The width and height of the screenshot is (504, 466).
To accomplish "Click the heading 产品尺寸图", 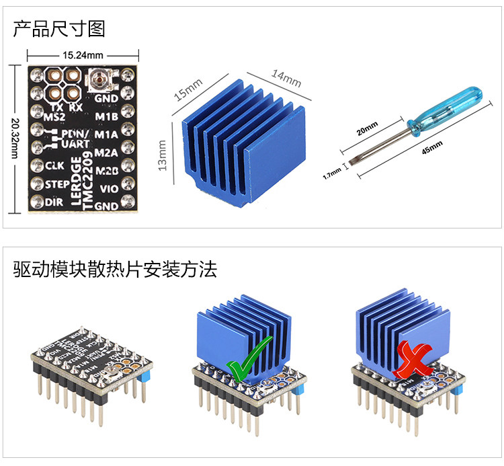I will (59, 29).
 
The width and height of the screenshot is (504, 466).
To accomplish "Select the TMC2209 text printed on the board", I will (89, 184).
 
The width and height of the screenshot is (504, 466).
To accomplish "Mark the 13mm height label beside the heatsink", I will (162, 155).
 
